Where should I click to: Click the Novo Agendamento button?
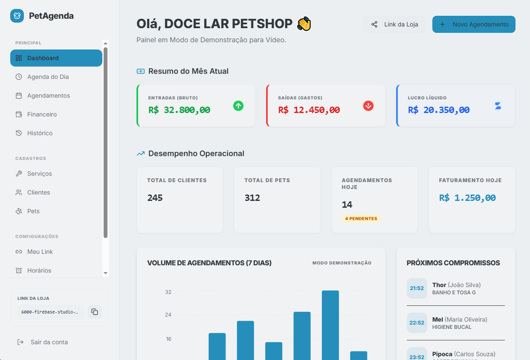tap(474, 24)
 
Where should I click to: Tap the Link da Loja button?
tap(394, 24)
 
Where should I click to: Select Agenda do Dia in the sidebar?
tap(48, 77)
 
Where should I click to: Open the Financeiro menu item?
tap(42, 114)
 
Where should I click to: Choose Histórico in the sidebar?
tap(40, 133)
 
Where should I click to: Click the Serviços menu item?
tap(39, 174)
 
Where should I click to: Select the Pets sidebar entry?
tap(33, 211)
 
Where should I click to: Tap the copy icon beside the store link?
tap(95, 312)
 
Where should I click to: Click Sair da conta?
tap(49, 342)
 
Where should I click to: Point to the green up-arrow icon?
tap(238, 106)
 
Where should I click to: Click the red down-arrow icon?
tap(368, 106)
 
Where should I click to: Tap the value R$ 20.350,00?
tap(439, 110)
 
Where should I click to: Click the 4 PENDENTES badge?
tap(361, 218)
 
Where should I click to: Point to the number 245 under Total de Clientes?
tap(155, 198)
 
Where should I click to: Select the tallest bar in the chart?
tap(330, 324)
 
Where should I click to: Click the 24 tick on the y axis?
tap(168, 315)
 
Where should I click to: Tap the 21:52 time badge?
tap(417, 288)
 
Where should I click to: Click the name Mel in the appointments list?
tap(437, 319)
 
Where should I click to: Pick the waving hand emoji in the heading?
tap(304, 24)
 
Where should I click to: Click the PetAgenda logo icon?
tap(17, 16)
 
